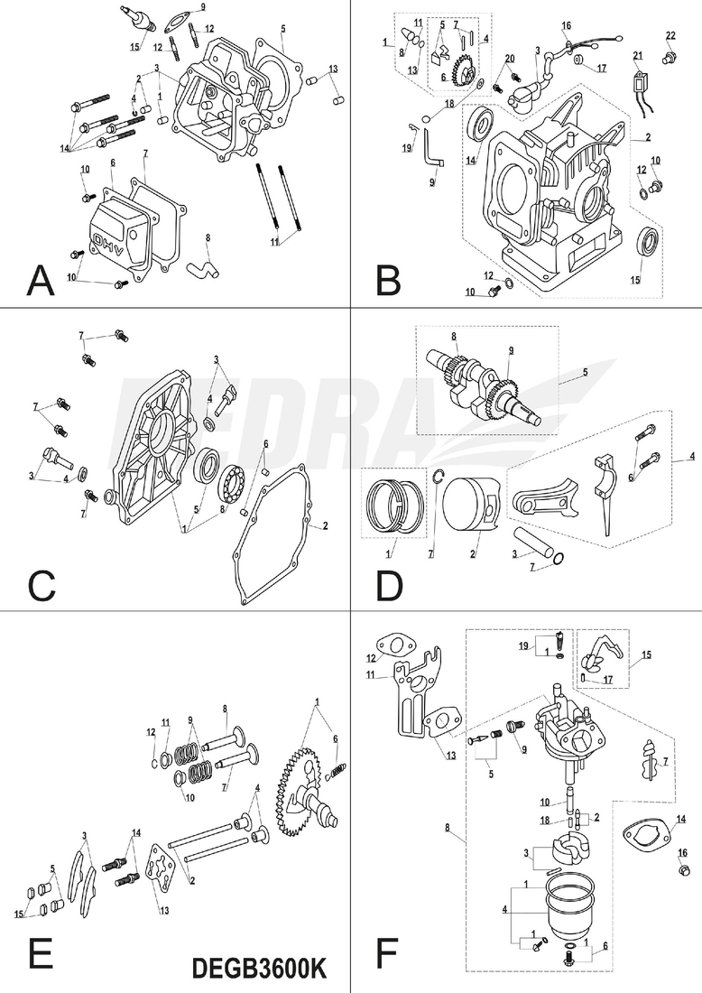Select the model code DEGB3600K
coord(259,968)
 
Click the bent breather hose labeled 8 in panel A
coord(203,267)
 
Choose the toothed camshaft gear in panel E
coord(305,781)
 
